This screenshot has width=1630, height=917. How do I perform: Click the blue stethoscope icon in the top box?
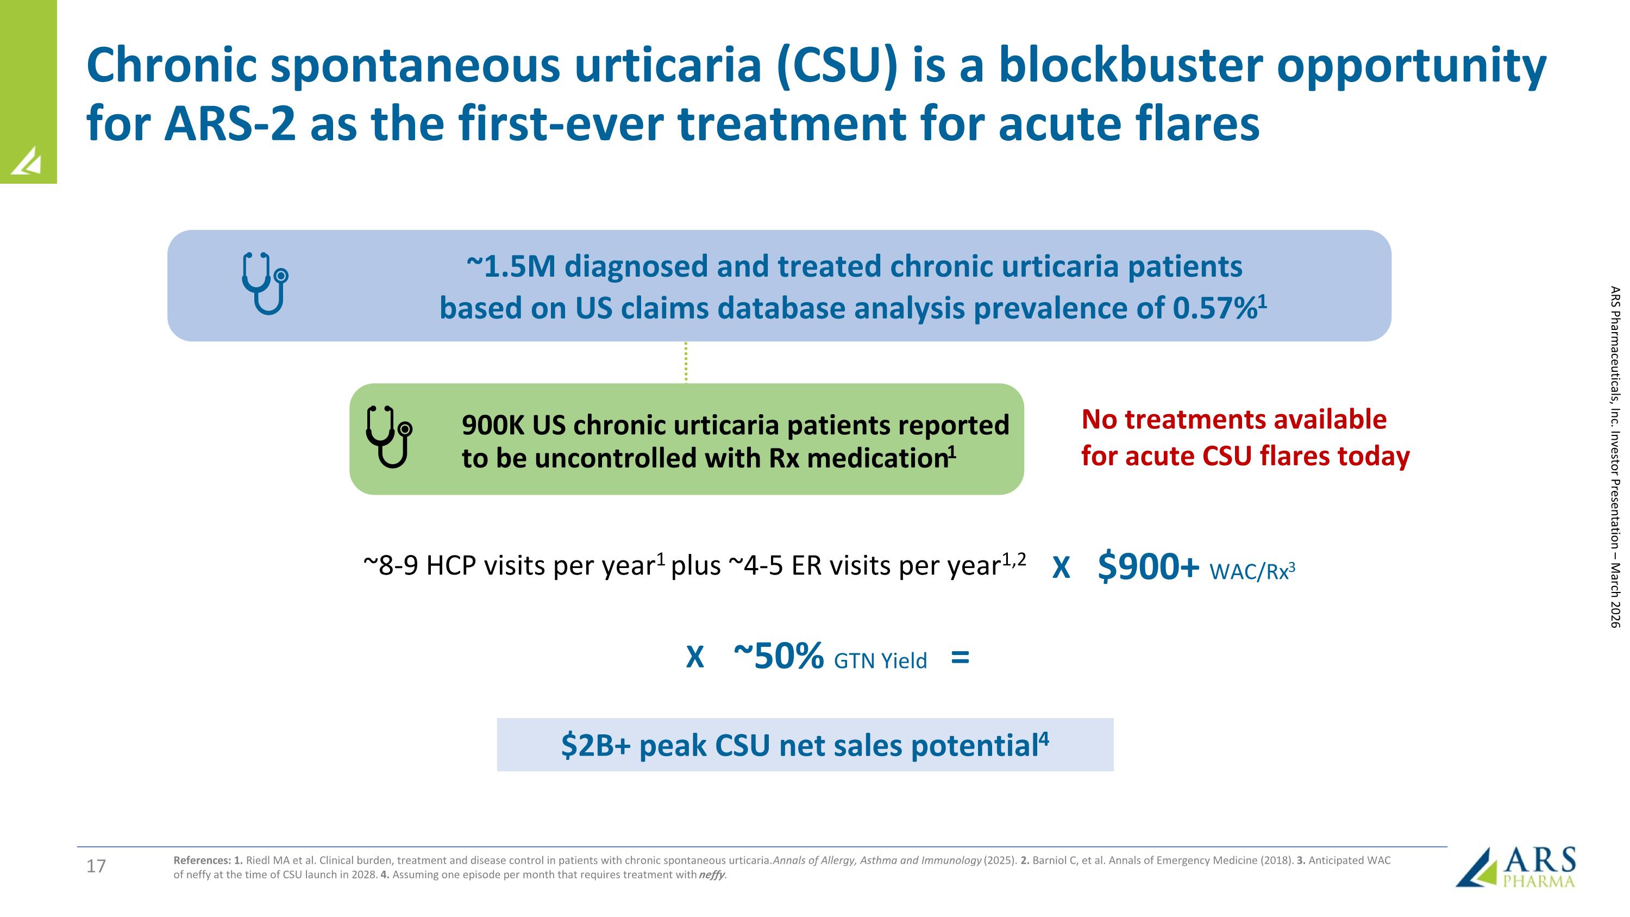pyautogui.click(x=265, y=284)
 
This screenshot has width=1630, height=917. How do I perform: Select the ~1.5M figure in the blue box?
pyautogui.click(x=511, y=266)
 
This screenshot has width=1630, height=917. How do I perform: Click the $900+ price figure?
pyautogui.click(x=1148, y=566)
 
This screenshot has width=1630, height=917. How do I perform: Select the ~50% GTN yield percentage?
pyautogui.click(x=779, y=656)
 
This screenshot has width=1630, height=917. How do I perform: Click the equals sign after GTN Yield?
pyautogui.click(x=960, y=658)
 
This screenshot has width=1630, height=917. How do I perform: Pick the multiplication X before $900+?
pyautogui.click(x=1061, y=568)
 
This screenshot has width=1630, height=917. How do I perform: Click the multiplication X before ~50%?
pyautogui.click(x=695, y=658)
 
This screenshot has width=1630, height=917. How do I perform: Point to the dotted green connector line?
pyautogui.click(x=686, y=362)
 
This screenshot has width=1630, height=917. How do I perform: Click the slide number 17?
pyautogui.click(x=96, y=866)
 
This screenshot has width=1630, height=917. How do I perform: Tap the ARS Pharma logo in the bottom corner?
pyautogui.click(x=1516, y=868)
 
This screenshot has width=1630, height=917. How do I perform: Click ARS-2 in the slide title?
pyautogui.click(x=230, y=123)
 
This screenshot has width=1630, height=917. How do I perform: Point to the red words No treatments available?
pyautogui.click(x=1233, y=420)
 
